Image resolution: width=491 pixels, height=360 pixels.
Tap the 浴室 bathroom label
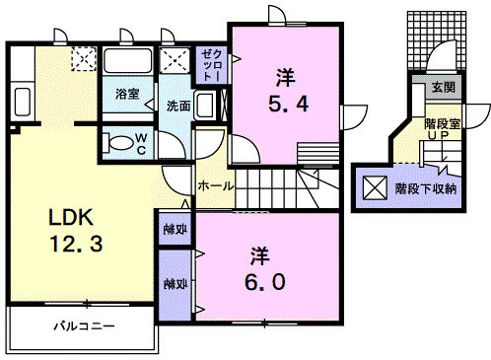tap(126, 94)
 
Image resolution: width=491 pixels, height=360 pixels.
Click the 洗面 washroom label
tap(177, 106)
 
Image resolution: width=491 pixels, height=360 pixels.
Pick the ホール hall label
tap(216, 185)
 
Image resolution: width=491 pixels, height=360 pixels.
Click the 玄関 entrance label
tap(441, 88)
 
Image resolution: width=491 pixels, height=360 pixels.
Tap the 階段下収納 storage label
tap(426, 187)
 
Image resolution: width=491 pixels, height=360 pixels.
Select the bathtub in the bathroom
tap(128, 67)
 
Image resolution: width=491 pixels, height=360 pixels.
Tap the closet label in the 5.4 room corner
tap(211, 65)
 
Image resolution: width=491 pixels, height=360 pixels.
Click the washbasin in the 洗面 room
tap(205, 105)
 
